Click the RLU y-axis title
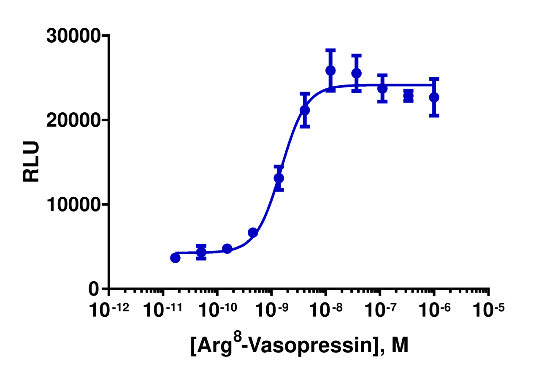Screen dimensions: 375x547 coord(31,162)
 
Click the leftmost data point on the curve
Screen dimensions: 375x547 coord(175,258)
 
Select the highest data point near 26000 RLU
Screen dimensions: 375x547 coord(330,71)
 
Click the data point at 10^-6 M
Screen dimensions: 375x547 coord(434,97)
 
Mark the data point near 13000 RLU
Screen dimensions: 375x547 coord(279,178)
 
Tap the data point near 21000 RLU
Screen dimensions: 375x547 coord(305,110)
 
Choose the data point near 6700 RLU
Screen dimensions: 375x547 coord(253,232)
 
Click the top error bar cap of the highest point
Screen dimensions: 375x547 coord(330,50)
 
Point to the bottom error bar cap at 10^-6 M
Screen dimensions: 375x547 coord(434,116)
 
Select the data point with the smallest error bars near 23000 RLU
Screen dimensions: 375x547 coord(408,96)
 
